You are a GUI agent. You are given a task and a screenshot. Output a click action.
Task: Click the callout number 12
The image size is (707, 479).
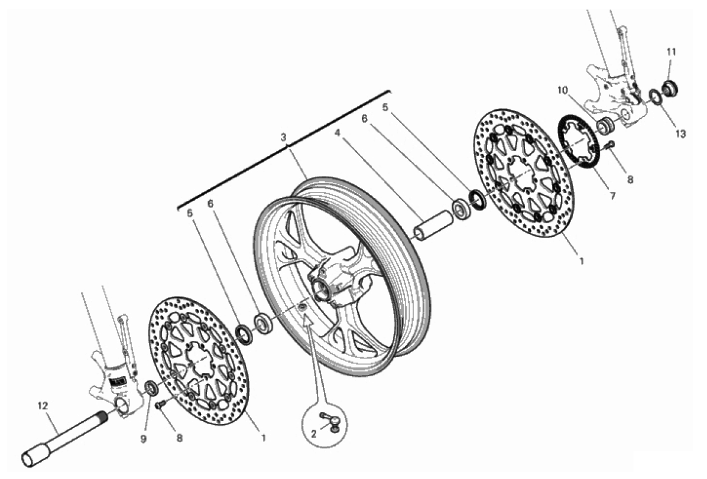[43, 406]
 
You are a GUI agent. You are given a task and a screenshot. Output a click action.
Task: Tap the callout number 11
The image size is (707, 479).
[672, 52]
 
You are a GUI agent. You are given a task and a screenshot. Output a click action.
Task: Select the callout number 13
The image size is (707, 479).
[680, 134]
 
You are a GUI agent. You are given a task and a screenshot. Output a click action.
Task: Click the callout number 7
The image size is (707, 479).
[612, 196]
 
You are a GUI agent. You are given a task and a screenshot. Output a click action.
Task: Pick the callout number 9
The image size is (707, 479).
[144, 439]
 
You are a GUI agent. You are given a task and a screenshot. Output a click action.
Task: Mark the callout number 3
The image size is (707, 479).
[283, 137]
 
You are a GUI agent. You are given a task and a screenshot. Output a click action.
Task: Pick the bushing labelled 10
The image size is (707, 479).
[605, 125]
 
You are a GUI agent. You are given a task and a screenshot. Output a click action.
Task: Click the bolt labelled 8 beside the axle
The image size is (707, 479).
[159, 405]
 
